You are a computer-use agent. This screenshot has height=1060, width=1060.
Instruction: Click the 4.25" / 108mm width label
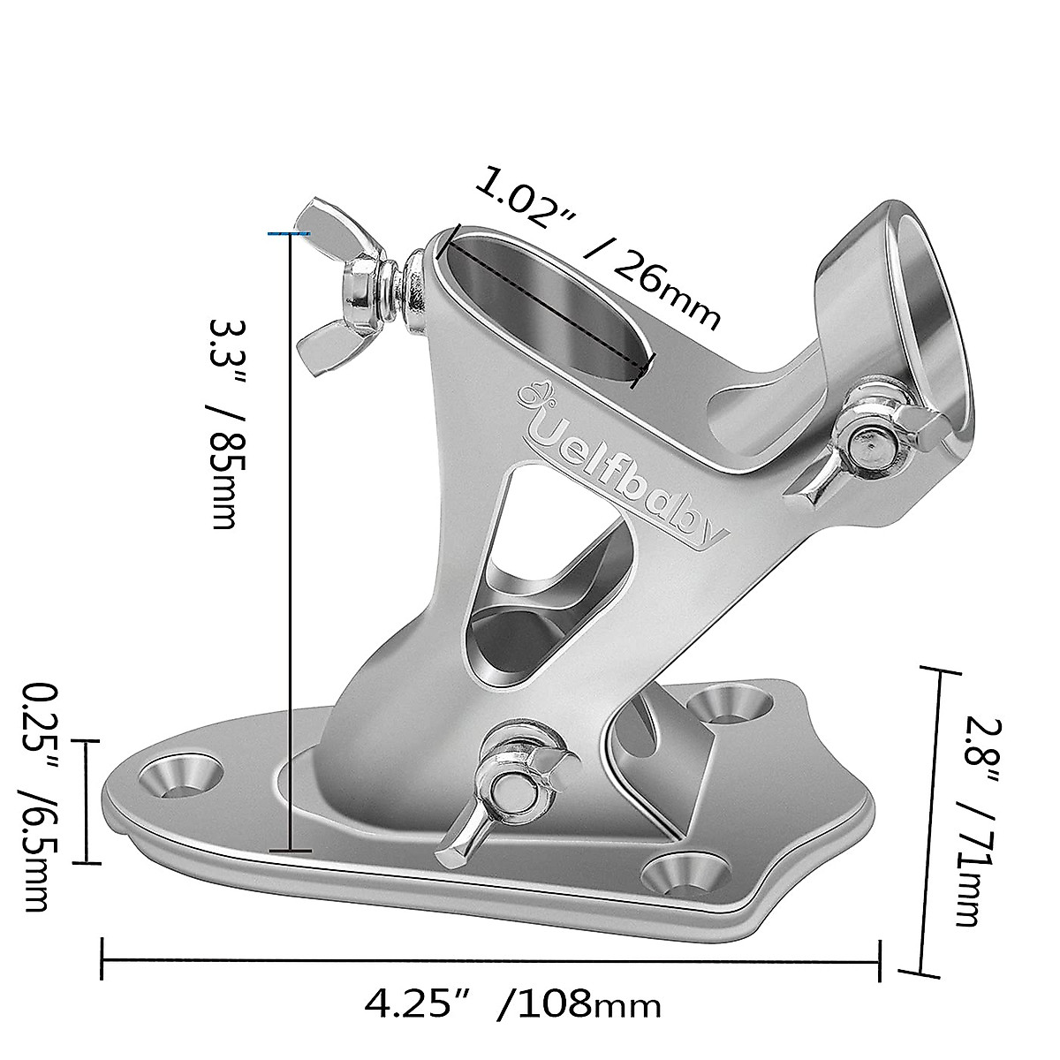(512, 1004)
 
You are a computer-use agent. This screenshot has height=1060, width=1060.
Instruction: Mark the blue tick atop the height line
(289, 233)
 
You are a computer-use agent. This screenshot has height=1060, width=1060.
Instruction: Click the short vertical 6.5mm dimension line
(86, 800)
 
